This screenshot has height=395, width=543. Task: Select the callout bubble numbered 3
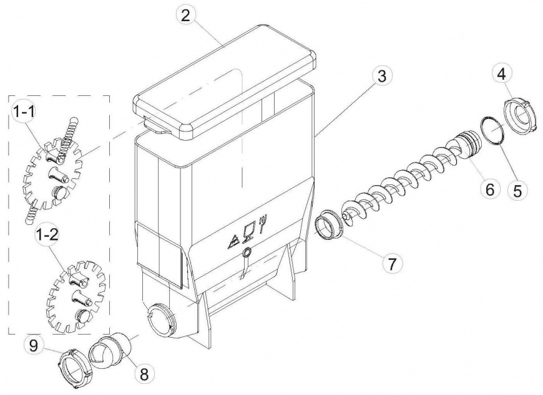(x=381, y=77)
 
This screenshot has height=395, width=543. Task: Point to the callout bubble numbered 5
(x=517, y=190)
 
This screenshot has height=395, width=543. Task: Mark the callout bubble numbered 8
(x=144, y=373)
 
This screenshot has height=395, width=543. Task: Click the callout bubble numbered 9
(x=33, y=346)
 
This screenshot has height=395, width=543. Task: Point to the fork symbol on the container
(x=264, y=223)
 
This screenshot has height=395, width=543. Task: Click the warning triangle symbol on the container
(x=233, y=242)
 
